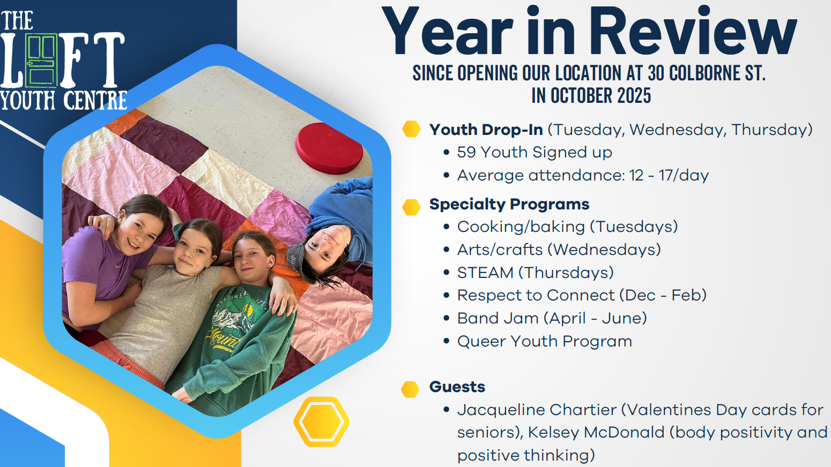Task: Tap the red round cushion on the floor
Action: click(329, 148)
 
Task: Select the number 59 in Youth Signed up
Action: click(466, 152)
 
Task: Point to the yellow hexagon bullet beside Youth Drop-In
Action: click(411, 129)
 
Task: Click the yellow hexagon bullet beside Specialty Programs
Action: click(411, 207)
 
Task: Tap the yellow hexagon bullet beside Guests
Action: click(410, 389)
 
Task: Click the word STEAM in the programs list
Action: click(485, 273)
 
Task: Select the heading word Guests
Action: click(457, 387)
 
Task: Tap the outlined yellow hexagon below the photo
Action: click(321, 422)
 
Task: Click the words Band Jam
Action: click(497, 318)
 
